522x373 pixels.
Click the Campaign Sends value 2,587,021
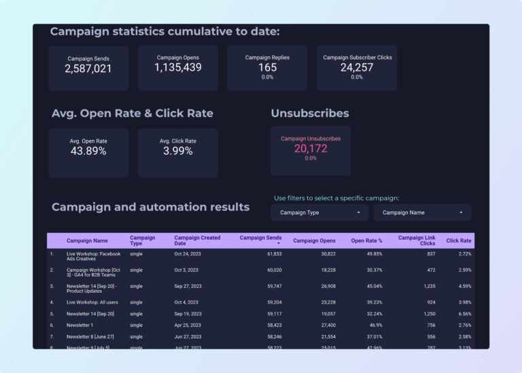point(88,69)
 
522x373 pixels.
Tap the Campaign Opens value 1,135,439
point(178,67)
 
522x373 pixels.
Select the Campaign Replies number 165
point(267,67)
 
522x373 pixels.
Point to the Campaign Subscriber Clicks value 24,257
point(357,67)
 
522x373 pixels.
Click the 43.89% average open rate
point(88,151)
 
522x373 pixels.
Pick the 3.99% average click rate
point(178,151)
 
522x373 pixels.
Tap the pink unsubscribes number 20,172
point(311,148)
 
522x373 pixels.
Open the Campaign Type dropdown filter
point(320,213)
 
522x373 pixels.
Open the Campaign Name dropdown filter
point(422,213)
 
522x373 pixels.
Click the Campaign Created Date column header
point(197,241)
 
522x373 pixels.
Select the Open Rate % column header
point(366,241)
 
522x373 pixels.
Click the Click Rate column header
point(458,241)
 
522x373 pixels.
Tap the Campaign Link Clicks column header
point(417,241)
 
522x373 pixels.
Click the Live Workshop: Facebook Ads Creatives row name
point(93,257)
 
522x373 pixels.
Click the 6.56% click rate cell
point(462,314)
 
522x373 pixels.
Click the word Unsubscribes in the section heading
point(310,113)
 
